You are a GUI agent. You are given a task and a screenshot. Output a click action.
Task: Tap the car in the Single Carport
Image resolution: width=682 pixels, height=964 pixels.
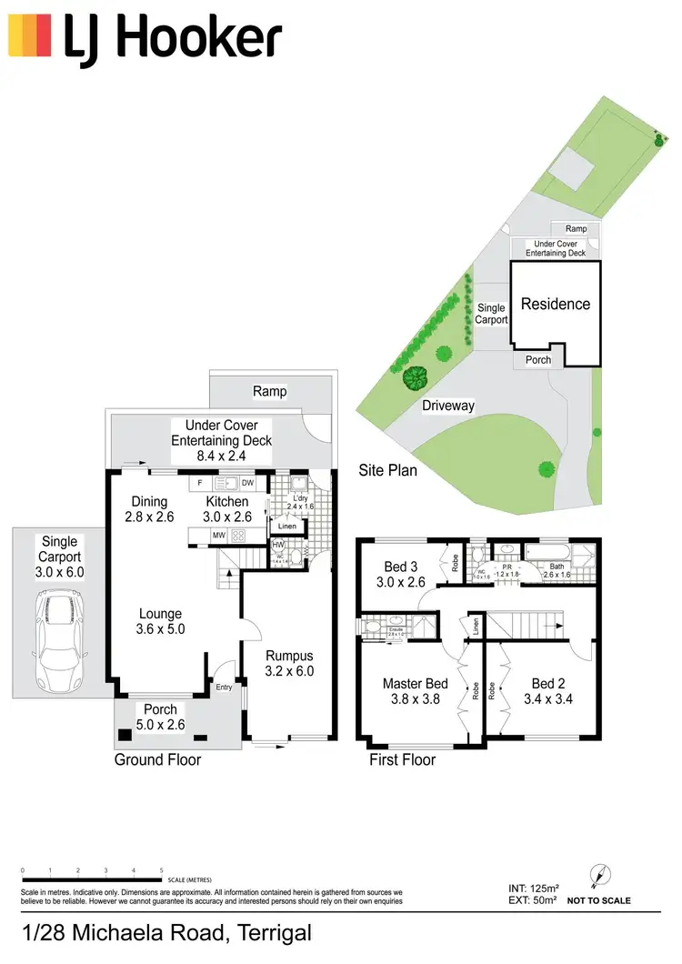(59, 640)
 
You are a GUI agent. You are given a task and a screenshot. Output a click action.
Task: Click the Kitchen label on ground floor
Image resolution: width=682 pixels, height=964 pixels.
(226, 501)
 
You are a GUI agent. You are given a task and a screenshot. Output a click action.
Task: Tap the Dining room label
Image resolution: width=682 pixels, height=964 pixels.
(149, 501)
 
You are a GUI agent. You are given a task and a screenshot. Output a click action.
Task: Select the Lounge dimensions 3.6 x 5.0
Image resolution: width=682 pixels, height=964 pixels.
(159, 628)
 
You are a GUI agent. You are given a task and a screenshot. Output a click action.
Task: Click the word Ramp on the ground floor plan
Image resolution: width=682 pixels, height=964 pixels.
(270, 392)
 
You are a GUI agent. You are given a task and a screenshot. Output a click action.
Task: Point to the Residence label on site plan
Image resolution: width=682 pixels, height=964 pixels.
(555, 305)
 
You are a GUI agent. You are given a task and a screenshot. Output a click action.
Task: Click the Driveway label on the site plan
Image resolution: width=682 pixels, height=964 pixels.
(447, 406)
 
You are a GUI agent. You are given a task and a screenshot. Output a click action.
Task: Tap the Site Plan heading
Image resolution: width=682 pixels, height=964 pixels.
(387, 470)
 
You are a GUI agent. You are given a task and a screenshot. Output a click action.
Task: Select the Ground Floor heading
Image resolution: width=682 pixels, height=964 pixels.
(157, 759)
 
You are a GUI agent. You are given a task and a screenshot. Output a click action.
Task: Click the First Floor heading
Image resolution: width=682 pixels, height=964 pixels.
(402, 759)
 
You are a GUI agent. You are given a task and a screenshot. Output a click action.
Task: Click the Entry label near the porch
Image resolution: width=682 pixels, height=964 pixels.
(224, 688)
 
